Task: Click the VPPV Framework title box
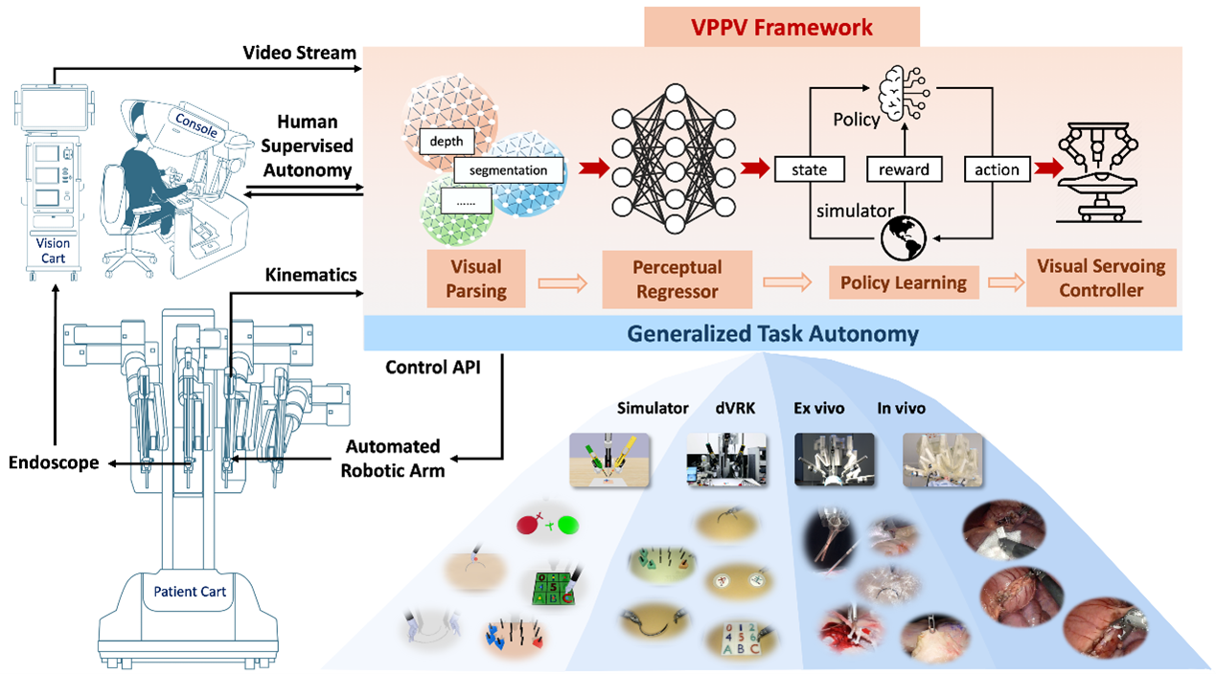783,26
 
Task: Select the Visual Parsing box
476,279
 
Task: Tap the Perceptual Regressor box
677,280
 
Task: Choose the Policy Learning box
903,282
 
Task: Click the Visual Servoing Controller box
1100,279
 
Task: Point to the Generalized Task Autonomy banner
772,334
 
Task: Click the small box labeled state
809,169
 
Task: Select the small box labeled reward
904,169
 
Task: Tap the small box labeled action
997,169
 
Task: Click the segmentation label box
508,170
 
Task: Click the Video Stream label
299,51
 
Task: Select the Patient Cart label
190,592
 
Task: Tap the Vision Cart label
54,250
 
